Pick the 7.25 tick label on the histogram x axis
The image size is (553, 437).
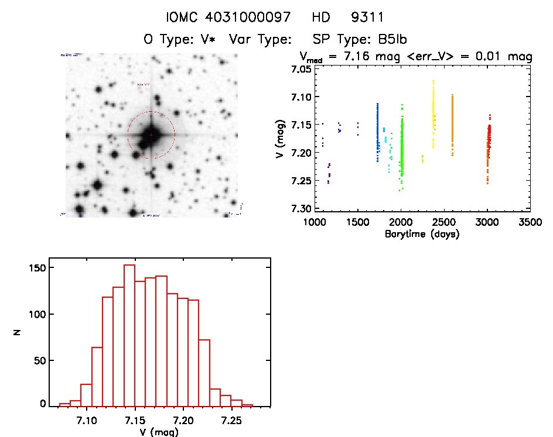click(x=231, y=419)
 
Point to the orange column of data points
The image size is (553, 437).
click(x=452, y=126)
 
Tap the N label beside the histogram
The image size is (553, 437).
click(x=18, y=334)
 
